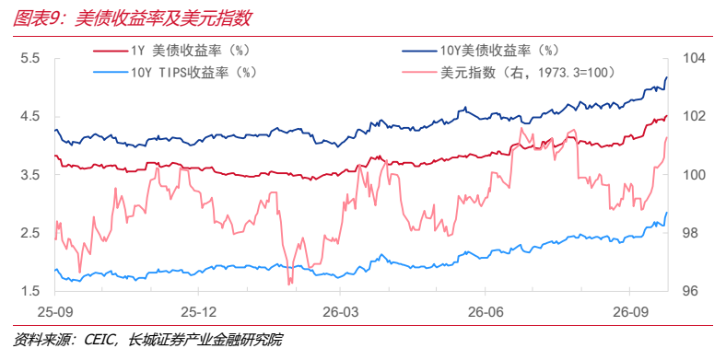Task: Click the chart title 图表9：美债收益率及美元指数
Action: pos(132,18)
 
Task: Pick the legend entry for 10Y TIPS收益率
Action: pos(174,73)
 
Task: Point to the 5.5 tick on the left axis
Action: pos(30,59)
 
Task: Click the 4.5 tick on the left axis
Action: pos(30,117)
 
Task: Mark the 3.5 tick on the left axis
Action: pos(30,175)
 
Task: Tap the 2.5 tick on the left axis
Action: pos(30,234)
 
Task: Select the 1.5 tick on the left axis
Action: pos(30,292)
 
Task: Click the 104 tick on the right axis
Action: pos(693,59)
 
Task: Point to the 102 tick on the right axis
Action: pos(693,117)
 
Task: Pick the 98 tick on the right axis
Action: pos(689,234)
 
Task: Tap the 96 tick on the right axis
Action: pos(689,292)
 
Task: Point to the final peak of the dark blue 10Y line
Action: pos(667,77)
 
